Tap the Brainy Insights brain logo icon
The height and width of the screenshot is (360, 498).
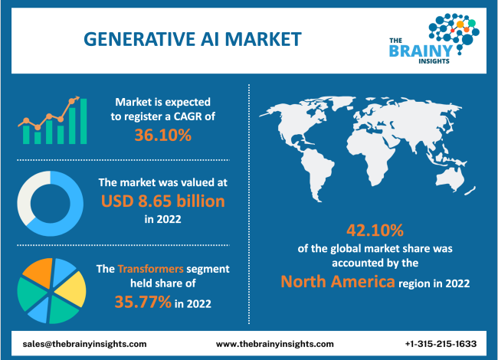[x=452, y=30]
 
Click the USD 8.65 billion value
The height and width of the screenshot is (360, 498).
[x=162, y=201]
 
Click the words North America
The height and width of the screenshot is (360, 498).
[x=336, y=281]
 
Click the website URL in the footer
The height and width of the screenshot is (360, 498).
[x=274, y=344]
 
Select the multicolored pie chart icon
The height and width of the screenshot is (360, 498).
[x=51, y=290]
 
